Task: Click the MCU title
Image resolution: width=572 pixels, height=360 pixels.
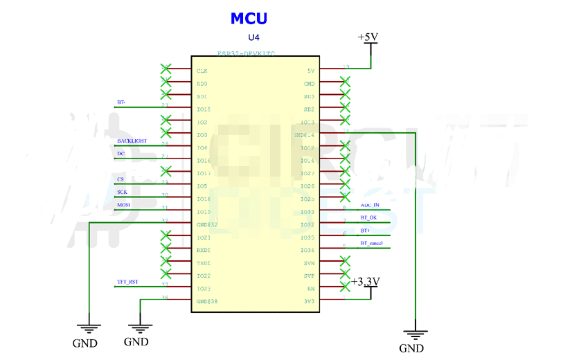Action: coord(249,19)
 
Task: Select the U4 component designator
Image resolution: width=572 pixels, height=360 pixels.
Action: coord(255,37)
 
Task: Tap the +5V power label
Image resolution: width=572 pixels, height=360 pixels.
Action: coord(368,37)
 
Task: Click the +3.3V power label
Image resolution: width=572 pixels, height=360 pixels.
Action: coord(365,281)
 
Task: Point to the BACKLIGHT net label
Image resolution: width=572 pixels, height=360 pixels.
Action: coord(132,141)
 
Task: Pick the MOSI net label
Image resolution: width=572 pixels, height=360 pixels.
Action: coord(123,205)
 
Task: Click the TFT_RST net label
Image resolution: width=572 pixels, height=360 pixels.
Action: coord(127,282)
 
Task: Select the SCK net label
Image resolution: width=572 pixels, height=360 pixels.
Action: coord(122,192)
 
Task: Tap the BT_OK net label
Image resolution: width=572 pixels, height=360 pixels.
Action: coord(368,217)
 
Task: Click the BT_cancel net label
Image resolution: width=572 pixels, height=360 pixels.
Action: coord(372,243)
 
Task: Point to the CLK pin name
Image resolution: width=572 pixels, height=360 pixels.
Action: coord(202,71)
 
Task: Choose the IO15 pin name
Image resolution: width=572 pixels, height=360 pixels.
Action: coord(203,109)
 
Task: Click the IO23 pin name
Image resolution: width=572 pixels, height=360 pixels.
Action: coord(203,289)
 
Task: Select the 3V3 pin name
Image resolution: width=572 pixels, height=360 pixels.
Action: coord(309,301)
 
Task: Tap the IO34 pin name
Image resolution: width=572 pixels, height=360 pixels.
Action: coord(307,250)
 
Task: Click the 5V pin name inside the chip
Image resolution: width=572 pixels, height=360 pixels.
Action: coord(310,71)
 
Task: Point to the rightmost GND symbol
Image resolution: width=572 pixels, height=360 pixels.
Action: coord(414,336)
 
